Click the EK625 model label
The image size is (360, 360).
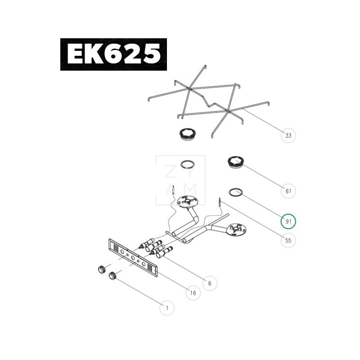(114, 54)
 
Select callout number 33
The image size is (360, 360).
(288, 135)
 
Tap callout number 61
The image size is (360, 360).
(288, 191)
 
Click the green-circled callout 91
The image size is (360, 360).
(288, 221)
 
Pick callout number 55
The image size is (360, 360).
(288, 240)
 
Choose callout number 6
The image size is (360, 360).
(210, 283)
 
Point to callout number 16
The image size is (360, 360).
(193, 293)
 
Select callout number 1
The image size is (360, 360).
(167, 308)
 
